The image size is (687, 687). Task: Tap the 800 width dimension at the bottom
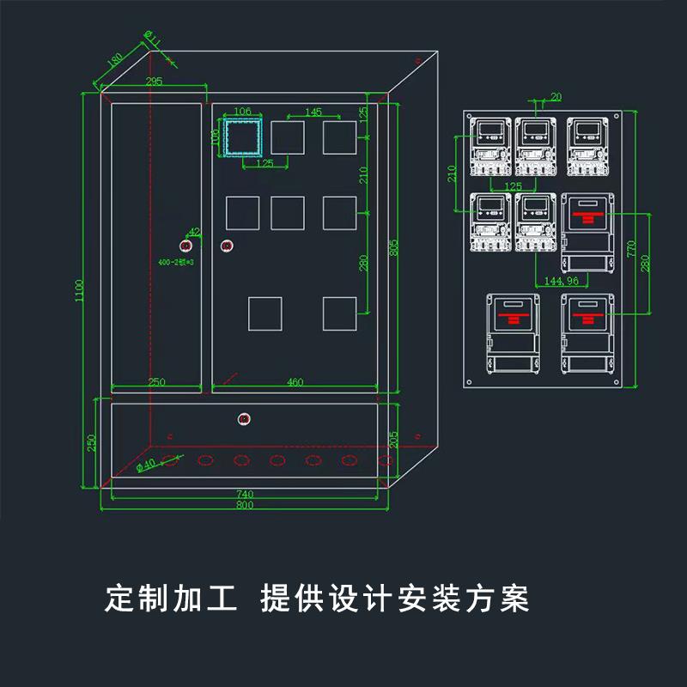245,506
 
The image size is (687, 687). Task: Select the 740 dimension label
245,495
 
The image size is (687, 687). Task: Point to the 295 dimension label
154,82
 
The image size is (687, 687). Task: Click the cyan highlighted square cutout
244,137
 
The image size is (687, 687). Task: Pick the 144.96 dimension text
561,280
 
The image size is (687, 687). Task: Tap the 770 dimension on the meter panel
631,249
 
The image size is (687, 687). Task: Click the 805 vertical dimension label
394,247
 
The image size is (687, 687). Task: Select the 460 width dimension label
295,382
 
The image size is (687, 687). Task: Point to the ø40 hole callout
146,465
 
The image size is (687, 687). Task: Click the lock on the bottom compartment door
244,419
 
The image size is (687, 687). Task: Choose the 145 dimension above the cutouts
313,112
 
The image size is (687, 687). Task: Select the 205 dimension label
393,439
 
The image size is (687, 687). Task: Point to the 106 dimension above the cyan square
242,112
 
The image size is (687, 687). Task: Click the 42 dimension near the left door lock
194,231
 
